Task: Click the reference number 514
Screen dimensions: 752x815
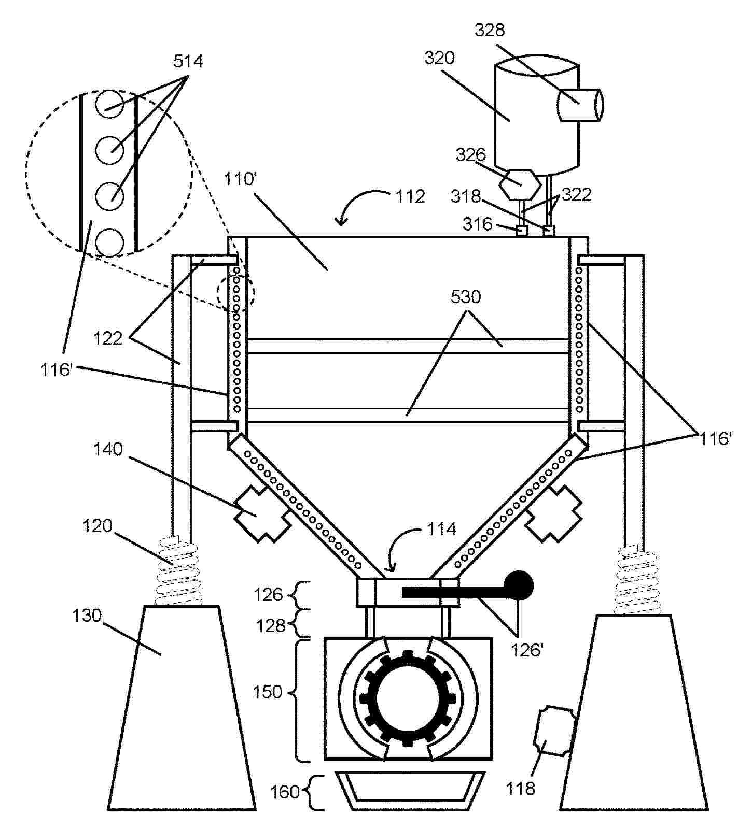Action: [188, 62]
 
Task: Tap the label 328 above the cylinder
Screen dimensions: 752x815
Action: [490, 30]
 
